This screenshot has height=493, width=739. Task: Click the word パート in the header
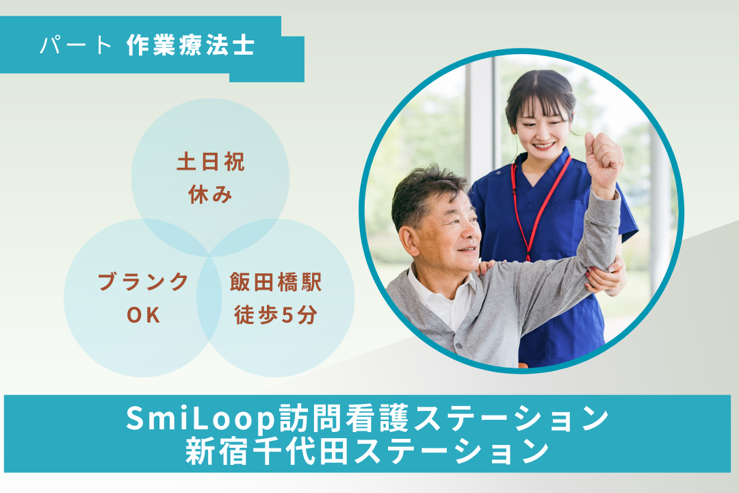point(75,45)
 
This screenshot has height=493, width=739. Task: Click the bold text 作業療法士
point(190,45)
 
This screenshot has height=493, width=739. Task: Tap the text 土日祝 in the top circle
point(210,164)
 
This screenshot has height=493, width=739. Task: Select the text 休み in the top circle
point(210,195)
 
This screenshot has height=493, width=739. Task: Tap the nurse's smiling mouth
point(545,145)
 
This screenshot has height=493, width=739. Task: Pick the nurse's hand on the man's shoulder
point(487,266)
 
